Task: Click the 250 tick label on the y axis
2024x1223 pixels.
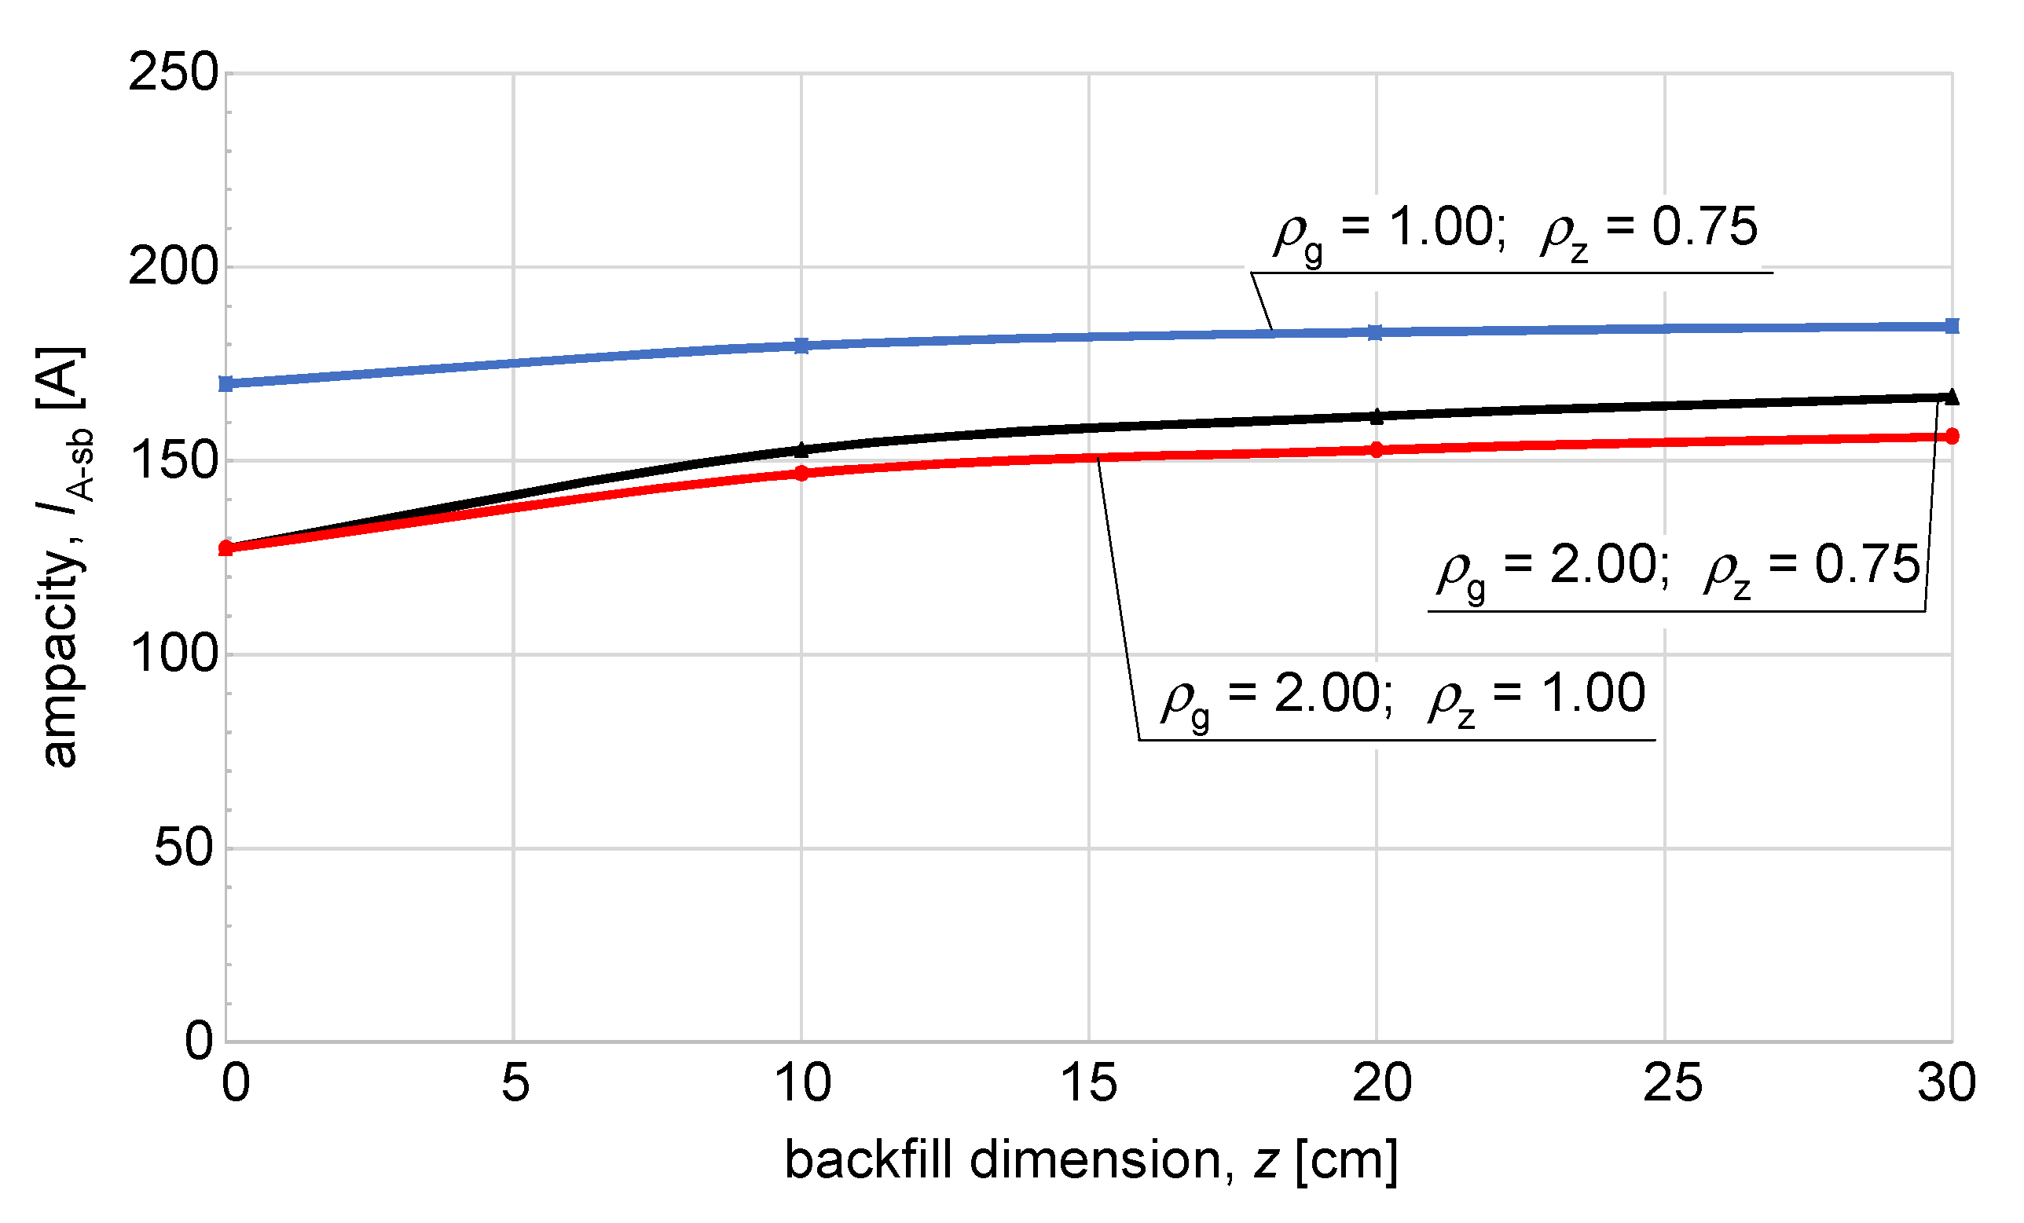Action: click(x=174, y=72)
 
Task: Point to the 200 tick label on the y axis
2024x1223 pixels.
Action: click(x=174, y=267)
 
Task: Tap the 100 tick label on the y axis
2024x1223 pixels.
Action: click(x=174, y=654)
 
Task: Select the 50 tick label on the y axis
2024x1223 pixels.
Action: click(x=185, y=848)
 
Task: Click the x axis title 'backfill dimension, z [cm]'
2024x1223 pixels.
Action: click(x=1091, y=1161)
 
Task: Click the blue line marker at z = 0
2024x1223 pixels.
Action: click(x=227, y=383)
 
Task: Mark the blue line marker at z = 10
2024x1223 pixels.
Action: click(x=801, y=346)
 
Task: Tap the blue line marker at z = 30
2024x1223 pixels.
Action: click(x=1952, y=326)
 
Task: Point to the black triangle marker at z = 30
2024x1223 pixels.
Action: click(x=1952, y=397)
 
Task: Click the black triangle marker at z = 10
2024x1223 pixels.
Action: click(x=801, y=450)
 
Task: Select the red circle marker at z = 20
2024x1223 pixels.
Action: click(x=1377, y=450)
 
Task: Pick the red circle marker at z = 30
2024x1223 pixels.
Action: click(x=1952, y=436)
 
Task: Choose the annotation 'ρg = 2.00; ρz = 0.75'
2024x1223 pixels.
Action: click(x=1679, y=567)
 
